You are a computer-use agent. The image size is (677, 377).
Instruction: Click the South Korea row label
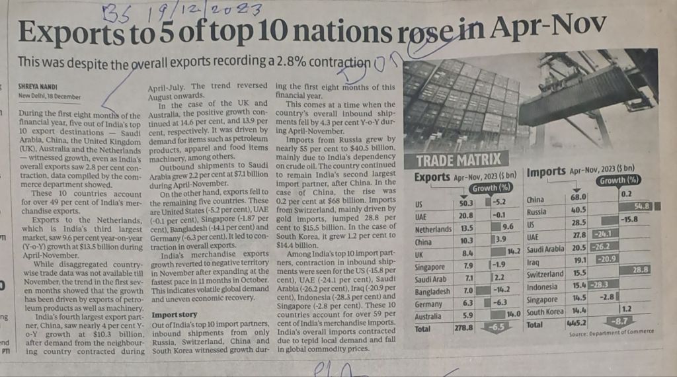click(x=544, y=312)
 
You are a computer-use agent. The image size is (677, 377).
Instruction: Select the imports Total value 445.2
click(x=578, y=324)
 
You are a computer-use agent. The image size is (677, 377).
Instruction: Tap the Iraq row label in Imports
click(x=533, y=261)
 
